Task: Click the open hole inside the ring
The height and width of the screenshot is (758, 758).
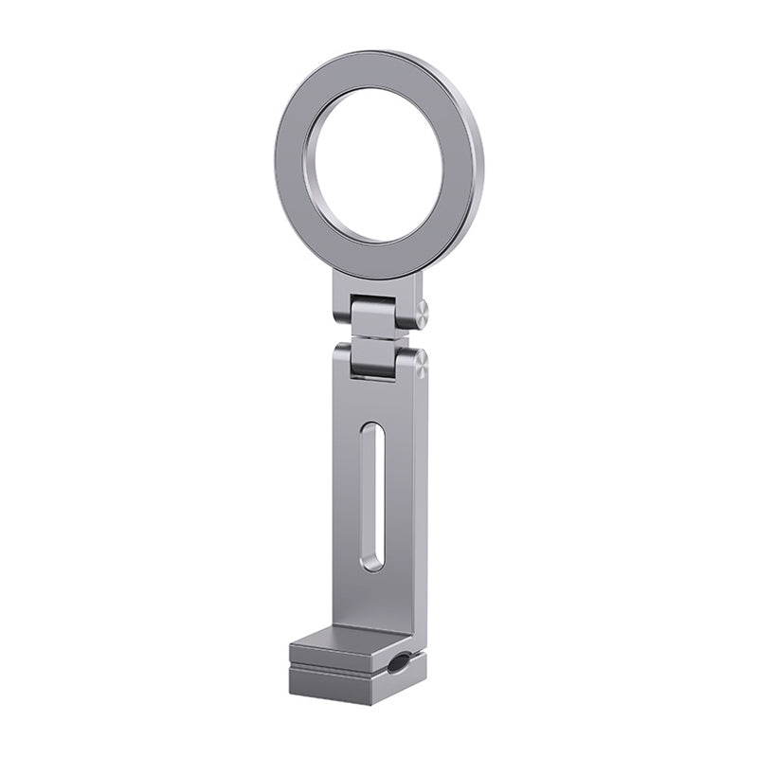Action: coord(378,166)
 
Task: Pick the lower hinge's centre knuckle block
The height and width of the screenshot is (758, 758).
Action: coord(372,357)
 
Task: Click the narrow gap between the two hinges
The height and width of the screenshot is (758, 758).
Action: coord(374,338)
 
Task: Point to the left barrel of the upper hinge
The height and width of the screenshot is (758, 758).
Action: coord(342,310)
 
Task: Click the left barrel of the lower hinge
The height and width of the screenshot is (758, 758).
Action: coord(341,359)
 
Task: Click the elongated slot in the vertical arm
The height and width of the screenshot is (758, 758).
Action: coord(372,497)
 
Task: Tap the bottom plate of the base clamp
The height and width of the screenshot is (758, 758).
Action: coord(341,687)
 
